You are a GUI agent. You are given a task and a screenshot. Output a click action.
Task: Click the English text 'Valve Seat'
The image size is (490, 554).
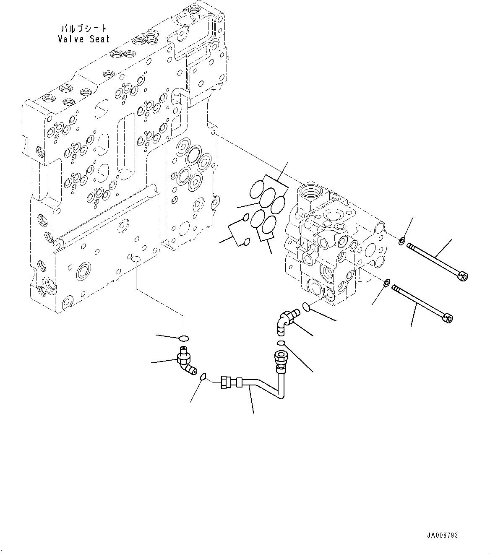pyautogui.click(x=84, y=39)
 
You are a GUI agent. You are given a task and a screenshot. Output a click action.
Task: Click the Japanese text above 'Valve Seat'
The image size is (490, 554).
pyautogui.click(x=84, y=29)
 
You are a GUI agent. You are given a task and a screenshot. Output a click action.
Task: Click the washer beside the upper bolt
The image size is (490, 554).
pyautogui.click(x=401, y=241)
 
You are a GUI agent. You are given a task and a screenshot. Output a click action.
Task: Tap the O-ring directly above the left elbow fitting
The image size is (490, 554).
pyautogui.click(x=184, y=338)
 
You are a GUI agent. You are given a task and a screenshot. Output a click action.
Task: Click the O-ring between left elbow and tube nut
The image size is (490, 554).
pyautogui.click(x=203, y=377)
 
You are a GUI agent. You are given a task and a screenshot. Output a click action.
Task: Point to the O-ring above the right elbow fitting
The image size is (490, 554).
pyautogui.click(x=307, y=307)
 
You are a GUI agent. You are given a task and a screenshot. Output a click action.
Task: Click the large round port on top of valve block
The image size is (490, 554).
pyautogui.click(x=311, y=191)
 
